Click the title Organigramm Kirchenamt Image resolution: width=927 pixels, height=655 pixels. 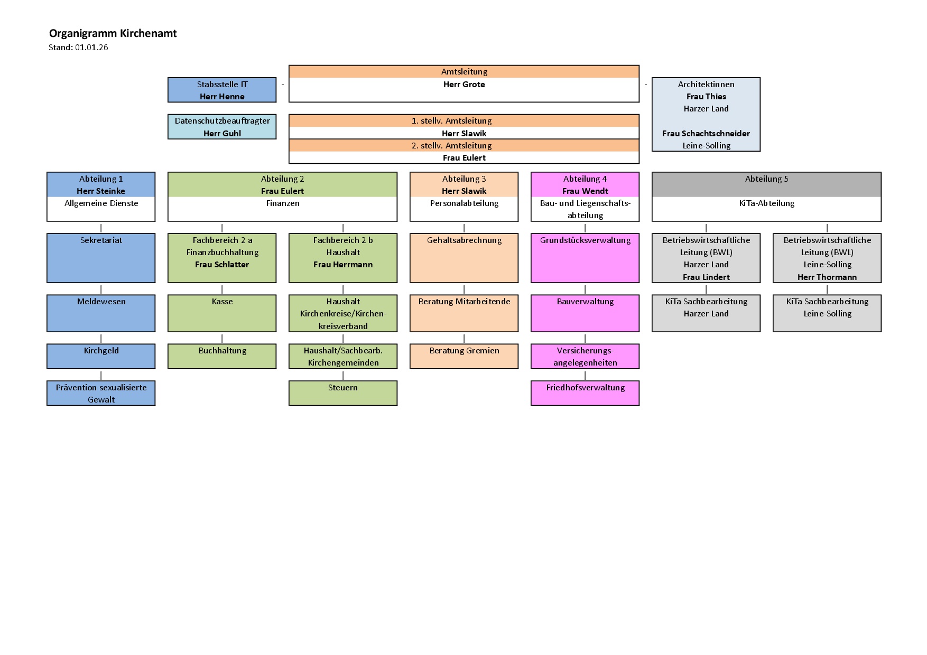pos(113,33)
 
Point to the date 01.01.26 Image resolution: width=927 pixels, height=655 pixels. pos(91,48)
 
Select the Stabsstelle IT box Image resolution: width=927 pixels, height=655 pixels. pos(222,90)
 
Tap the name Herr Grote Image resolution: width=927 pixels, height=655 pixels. pos(464,85)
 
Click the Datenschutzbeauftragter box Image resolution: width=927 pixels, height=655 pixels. pos(222,127)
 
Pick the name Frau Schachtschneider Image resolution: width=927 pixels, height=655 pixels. pos(706,134)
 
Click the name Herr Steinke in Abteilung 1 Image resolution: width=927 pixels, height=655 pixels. pos(101,191)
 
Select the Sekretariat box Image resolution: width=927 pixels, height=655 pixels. pos(101,258)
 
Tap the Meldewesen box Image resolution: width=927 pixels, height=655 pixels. pos(101,313)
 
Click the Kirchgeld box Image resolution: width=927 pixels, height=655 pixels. pos(101,356)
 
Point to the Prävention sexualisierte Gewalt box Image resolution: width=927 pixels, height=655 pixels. pos(101,393)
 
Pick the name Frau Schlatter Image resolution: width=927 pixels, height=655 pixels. pos(222,265)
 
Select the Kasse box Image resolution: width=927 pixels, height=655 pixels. pos(222,313)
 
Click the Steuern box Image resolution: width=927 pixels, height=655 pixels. pos(343,393)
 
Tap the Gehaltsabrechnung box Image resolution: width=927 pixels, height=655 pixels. pos(464,258)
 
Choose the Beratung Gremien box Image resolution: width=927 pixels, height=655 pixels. pos(464,356)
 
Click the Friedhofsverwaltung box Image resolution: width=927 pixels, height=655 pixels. pos(585,393)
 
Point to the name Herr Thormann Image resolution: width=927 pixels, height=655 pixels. pos(827,277)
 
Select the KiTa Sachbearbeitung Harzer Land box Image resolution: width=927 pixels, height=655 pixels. pos(706,313)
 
